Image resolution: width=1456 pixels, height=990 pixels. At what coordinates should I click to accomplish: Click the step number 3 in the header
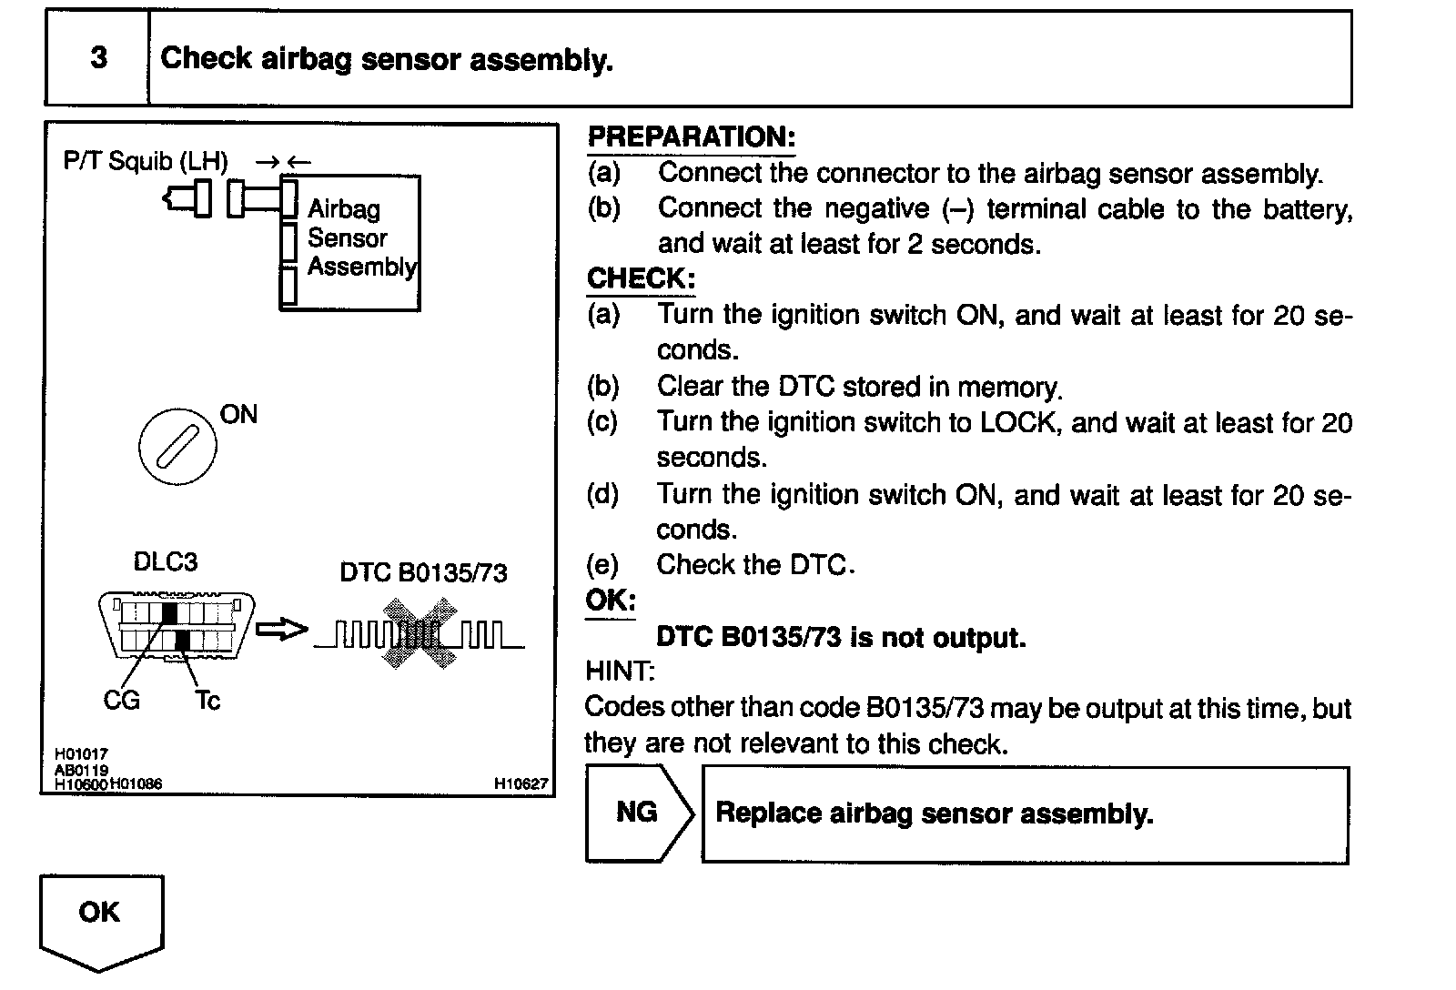[98, 58]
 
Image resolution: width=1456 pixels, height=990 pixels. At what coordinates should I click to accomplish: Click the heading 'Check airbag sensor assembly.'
[387, 59]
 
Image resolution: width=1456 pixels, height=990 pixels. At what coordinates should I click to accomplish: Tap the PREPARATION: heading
[691, 137]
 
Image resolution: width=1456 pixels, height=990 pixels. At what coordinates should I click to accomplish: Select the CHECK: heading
[641, 278]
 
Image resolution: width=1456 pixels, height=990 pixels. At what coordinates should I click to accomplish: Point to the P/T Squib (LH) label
[146, 162]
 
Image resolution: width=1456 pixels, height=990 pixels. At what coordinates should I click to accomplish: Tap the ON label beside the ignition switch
[238, 415]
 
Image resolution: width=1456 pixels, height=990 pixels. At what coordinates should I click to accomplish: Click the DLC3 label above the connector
[166, 562]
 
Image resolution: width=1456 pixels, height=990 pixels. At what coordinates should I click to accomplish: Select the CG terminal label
[121, 701]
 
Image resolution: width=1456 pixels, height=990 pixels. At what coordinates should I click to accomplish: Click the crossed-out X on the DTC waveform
[420, 632]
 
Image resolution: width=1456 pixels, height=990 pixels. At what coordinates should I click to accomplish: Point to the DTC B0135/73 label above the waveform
[423, 572]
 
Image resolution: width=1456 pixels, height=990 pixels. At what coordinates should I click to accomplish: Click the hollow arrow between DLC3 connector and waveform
[281, 630]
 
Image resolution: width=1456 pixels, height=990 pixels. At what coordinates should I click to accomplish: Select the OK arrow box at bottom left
[100, 914]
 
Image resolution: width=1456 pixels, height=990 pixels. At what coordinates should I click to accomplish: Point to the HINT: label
[620, 672]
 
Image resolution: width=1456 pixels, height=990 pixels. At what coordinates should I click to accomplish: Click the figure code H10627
[521, 783]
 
